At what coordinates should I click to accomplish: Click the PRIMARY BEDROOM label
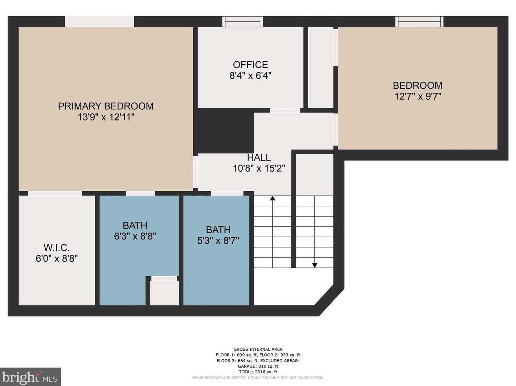pos(106,106)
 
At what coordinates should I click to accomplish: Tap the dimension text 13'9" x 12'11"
pos(106,117)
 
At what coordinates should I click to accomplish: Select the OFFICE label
pos(250,65)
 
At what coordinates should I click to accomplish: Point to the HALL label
pos(259,158)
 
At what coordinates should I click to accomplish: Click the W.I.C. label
pos(56,248)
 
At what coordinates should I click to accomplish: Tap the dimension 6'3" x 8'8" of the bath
pos(135,236)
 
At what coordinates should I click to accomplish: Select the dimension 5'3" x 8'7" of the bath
pos(218,241)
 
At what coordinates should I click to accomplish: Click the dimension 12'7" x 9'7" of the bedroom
pos(418,96)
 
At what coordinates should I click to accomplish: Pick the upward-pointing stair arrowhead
pos(272,198)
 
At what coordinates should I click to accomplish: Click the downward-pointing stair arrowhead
pos(314,265)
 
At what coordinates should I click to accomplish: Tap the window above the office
pos(242,21)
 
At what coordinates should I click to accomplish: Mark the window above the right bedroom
pos(419,21)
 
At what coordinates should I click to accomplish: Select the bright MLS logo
pos(30,377)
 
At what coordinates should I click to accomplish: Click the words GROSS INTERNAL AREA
pos(258,349)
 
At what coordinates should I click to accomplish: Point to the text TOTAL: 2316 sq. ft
pos(258,372)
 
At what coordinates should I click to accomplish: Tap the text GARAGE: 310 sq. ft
pos(258,366)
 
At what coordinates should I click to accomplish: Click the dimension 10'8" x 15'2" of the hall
pos(259,168)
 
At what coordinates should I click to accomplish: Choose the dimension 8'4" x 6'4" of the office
pos(250,76)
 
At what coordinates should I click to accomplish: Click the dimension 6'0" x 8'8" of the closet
pos(56,259)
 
